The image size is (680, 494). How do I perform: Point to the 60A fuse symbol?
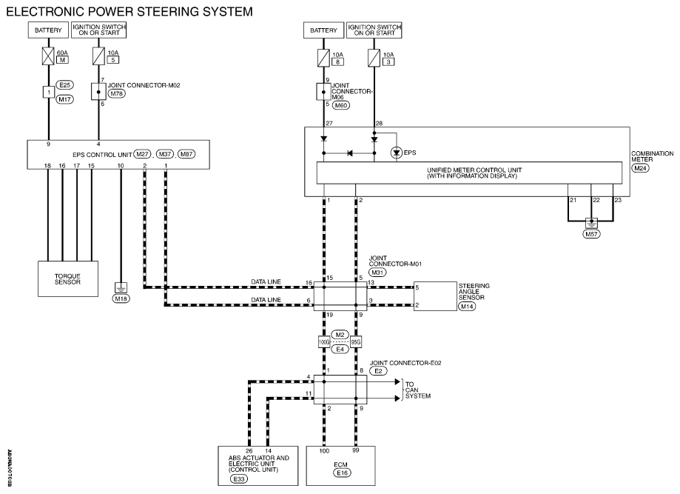pyautogui.click(x=48, y=56)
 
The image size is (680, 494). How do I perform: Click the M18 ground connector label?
pyautogui.click(x=121, y=298)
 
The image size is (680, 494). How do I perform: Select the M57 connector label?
pyautogui.click(x=591, y=234)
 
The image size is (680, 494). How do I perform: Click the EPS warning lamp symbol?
pyautogui.click(x=396, y=153)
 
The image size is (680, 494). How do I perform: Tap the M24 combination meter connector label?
pyautogui.click(x=641, y=168)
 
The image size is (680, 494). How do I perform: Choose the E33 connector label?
pyautogui.click(x=239, y=478)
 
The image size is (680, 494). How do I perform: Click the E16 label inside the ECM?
pyautogui.click(x=342, y=473)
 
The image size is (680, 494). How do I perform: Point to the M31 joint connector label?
pyautogui.click(x=377, y=272)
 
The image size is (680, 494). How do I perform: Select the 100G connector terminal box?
pyautogui.click(x=324, y=342)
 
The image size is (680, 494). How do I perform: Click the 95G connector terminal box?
pyautogui.click(x=356, y=342)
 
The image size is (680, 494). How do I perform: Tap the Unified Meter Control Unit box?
pyautogui.click(x=469, y=173)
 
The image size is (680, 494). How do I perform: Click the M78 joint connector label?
pyautogui.click(x=117, y=93)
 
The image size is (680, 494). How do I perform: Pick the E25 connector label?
pyautogui.click(x=65, y=85)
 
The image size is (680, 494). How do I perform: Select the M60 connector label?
pyautogui.click(x=341, y=105)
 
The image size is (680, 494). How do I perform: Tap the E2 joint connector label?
pyautogui.click(x=378, y=371)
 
